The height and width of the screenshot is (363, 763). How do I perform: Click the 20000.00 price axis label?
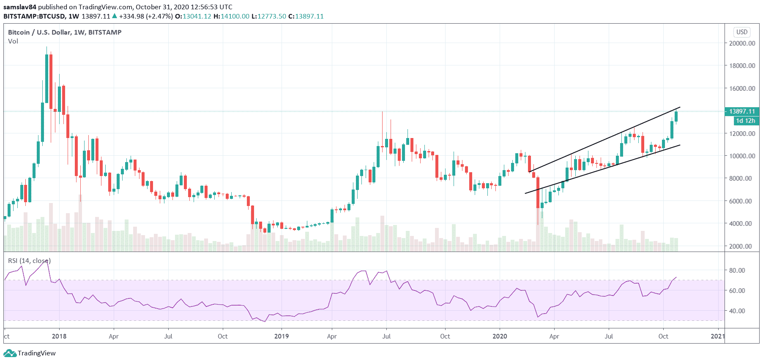click(742, 43)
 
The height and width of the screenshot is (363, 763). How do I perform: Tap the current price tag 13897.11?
click(742, 111)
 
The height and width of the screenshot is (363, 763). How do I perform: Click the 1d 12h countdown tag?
click(745, 121)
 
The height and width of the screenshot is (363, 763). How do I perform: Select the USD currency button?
click(742, 32)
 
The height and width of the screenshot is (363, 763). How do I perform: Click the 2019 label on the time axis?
click(281, 336)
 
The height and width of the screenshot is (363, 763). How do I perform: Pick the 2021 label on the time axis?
click(717, 336)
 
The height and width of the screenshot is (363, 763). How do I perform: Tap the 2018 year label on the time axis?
click(59, 336)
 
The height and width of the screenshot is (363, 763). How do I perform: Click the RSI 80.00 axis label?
click(737, 270)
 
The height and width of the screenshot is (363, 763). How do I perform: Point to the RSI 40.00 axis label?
click(737, 311)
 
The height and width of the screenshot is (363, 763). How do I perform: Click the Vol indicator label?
click(13, 41)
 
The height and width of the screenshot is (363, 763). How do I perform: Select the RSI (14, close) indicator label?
click(29, 261)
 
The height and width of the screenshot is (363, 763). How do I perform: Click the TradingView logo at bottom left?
click(30, 353)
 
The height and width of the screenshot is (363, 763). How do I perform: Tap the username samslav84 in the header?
click(20, 7)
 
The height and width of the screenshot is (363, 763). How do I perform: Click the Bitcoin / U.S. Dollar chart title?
click(65, 32)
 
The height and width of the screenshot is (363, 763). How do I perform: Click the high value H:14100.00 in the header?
click(231, 16)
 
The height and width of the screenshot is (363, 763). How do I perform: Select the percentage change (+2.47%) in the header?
click(159, 16)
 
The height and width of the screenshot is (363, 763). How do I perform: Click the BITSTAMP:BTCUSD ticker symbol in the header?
click(34, 16)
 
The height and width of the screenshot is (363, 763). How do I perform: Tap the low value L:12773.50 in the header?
click(268, 16)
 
